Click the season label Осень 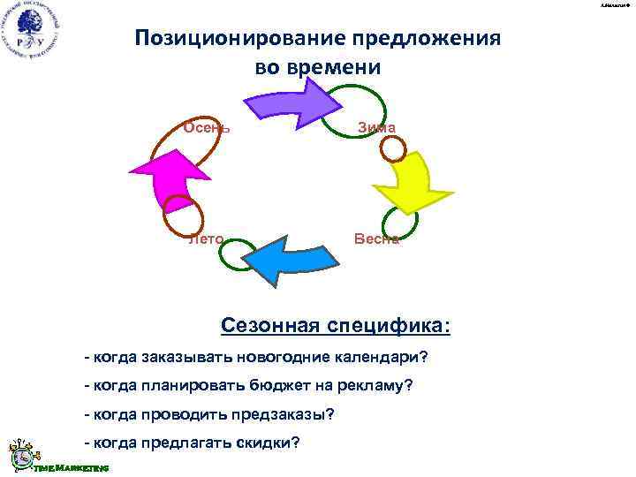click(207, 127)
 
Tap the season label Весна click(377, 238)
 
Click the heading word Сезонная click(269, 327)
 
